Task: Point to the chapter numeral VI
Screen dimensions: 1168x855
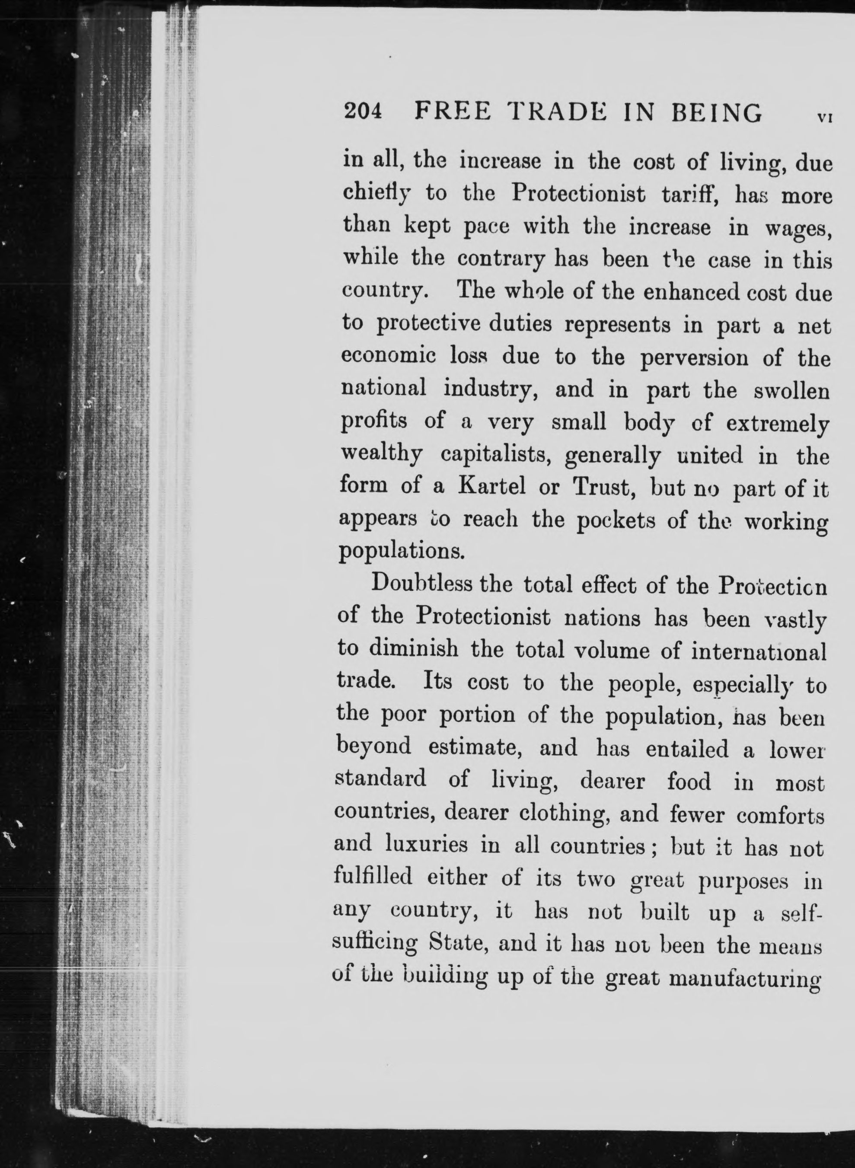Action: (824, 117)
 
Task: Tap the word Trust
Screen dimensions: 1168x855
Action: (603, 487)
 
